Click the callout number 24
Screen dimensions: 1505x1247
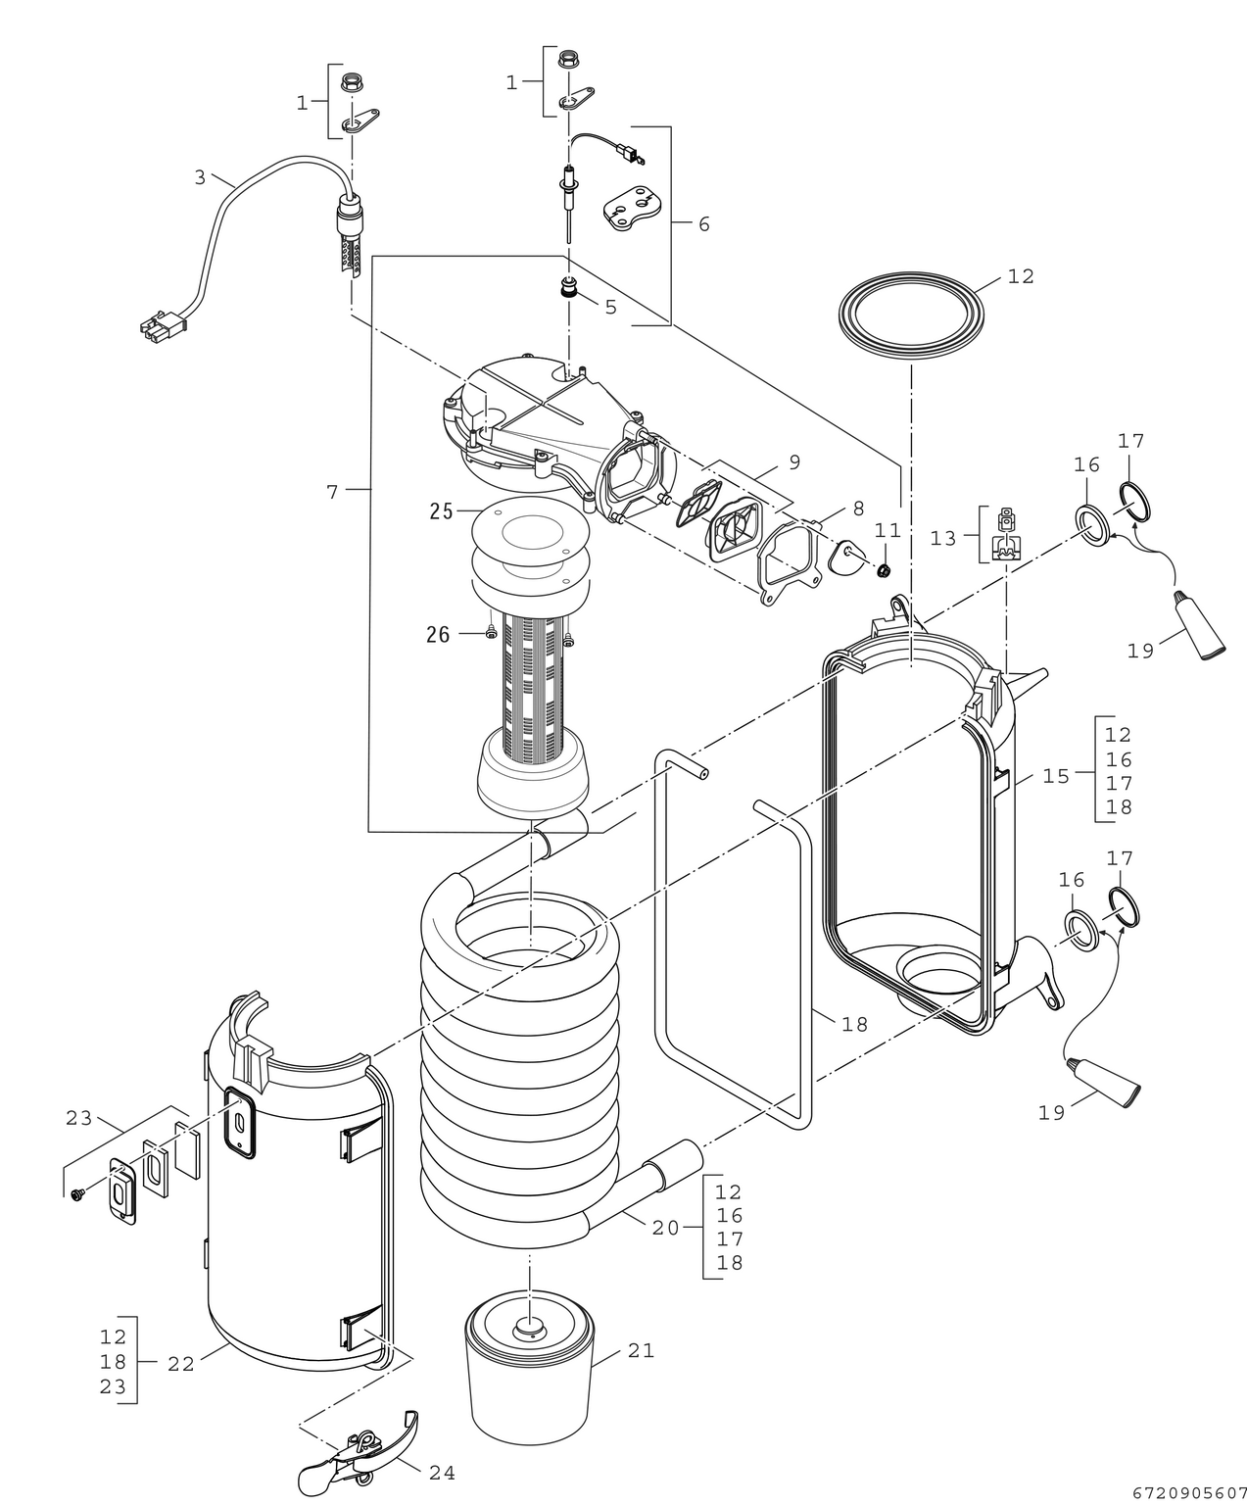(441, 1472)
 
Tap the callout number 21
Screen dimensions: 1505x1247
(641, 1350)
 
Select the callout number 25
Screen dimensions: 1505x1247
(442, 510)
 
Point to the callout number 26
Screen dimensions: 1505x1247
(438, 635)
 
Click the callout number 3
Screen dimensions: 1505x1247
(200, 177)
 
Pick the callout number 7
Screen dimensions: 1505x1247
(333, 492)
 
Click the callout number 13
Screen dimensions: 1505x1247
(942, 538)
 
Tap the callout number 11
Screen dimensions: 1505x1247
(887, 529)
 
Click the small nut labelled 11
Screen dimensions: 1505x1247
(883, 570)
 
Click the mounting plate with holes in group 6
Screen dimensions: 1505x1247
(632, 207)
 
